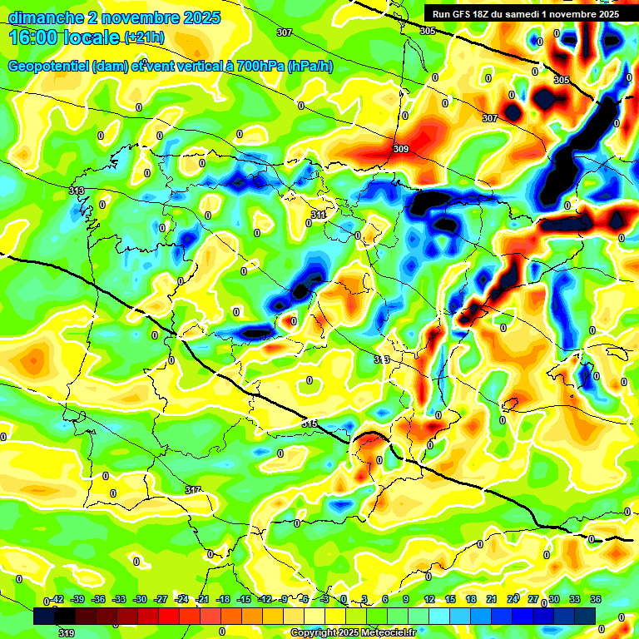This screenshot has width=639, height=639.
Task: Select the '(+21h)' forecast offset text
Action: point(144,37)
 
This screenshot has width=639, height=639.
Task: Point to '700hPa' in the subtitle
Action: point(257,66)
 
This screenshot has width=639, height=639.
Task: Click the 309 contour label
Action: point(401,149)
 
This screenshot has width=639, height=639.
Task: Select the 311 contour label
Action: point(318,215)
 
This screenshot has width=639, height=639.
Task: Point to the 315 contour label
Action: point(309,424)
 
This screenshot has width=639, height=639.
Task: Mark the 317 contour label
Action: point(193,489)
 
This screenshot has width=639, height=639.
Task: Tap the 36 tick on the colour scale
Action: point(596,599)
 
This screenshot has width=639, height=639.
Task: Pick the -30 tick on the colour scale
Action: point(139,599)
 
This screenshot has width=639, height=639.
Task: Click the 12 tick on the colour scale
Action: point(428,599)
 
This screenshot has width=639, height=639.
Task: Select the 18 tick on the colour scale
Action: point(470,599)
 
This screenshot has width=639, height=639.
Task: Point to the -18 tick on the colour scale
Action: point(222,599)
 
